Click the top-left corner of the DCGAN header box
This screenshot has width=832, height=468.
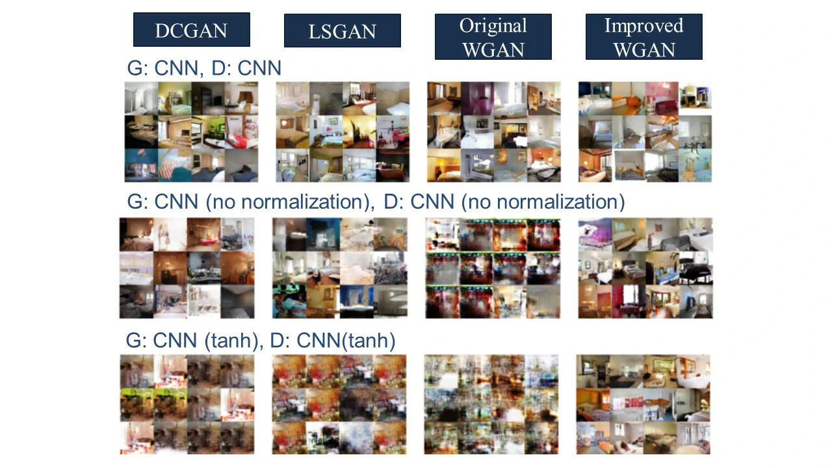pyautogui.click(x=133, y=12)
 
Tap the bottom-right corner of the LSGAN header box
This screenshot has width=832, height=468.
pyautogui.click(x=401, y=47)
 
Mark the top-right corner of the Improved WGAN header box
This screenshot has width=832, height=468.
pyautogui.click(x=703, y=14)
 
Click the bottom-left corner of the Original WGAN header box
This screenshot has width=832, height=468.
pyautogui.click(x=435, y=59)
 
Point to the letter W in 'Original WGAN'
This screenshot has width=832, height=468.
pyautogui.click(x=471, y=50)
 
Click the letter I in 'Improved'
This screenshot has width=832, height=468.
pyautogui.click(x=608, y=25)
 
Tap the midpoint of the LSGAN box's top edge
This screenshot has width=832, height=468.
pyautogui.click(x=343, y=14)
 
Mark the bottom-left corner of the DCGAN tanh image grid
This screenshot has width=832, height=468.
pyautogui.click(x=120, y=454)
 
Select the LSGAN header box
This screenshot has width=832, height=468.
pyautogui.click(x=343, y=31)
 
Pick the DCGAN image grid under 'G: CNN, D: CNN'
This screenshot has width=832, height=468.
pyautogui.click(x=191, y=132)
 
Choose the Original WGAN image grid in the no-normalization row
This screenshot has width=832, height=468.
pyautogui.click(x=493, y=268)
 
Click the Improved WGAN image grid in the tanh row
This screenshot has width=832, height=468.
pyautogui.click(x=643, y=404)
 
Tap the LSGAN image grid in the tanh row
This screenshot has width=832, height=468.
pyautogui.click(x=339, y=404)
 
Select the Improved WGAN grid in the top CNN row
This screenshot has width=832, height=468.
pyautogui.click(x=645, y=132)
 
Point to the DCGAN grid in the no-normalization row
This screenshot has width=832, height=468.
pyautogui.click(x=187, y=268)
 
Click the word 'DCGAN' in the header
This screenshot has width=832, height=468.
pyautogui.click(x=191, y=31)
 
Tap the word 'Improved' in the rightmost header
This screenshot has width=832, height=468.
pyautogui.click(x=644, y=26)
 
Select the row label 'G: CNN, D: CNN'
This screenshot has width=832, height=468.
pyautogui.click(x=204, y=68)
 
